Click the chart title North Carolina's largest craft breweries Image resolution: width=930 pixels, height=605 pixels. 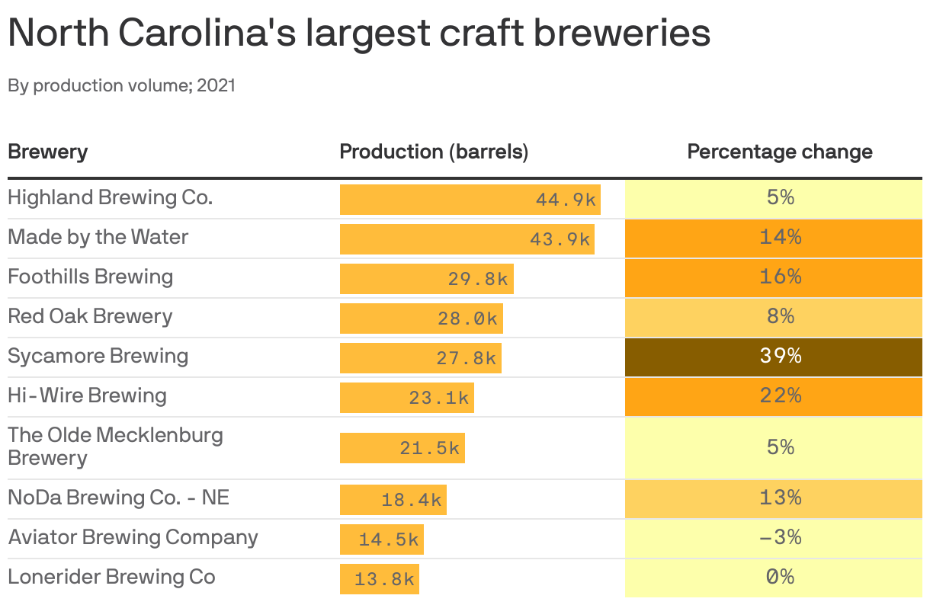coord(359,33)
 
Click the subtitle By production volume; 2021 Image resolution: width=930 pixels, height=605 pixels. coord(121,85)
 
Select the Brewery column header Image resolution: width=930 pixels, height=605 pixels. coord(47,152)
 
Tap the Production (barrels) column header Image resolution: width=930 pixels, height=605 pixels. coord(434,152)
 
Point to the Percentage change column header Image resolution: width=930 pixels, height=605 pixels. coord(780,152)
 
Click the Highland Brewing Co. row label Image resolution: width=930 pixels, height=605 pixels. coord(111,197)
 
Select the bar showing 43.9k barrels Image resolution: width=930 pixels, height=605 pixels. coord(467,238)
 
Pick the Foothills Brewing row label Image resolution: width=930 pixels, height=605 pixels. coord(91,277)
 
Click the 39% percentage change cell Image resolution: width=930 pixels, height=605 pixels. coord(773,356)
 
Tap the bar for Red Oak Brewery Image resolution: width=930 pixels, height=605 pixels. coord(421,318)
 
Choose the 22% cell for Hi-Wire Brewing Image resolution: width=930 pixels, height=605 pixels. coord(773,395)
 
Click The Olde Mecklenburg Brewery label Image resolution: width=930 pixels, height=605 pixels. coord(115,447)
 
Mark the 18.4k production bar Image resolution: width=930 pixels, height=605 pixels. coord(393,500)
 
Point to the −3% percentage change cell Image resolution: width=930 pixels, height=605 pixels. coord(773,537)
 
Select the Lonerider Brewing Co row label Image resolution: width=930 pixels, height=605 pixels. coord(111,577)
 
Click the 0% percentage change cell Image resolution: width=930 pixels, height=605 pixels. coord(773,577)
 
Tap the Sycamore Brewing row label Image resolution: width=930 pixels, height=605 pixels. coord(98,356)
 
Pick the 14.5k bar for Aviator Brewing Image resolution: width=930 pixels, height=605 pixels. coord(381,539)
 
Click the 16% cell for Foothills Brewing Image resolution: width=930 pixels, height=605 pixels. coord(773,277)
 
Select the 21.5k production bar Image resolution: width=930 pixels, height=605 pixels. coord(402,448)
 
